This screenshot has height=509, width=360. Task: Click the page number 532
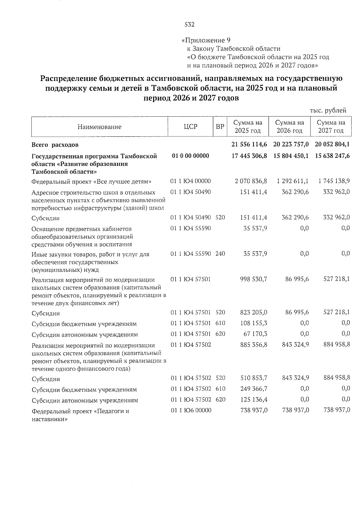(190, 25)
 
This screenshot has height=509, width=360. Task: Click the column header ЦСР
(190, 127)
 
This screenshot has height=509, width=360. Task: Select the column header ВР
(220, 127)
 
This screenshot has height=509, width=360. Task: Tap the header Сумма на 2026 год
(289, 127)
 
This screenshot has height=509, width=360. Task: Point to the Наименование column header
(99, 127)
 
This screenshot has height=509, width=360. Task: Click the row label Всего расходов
(55, 145)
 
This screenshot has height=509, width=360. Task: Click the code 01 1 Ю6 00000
(191, 410)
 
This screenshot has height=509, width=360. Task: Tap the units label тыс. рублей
(328, 110)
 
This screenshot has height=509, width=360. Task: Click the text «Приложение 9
(206, 40)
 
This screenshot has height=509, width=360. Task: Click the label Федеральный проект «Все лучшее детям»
(91, 182)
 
